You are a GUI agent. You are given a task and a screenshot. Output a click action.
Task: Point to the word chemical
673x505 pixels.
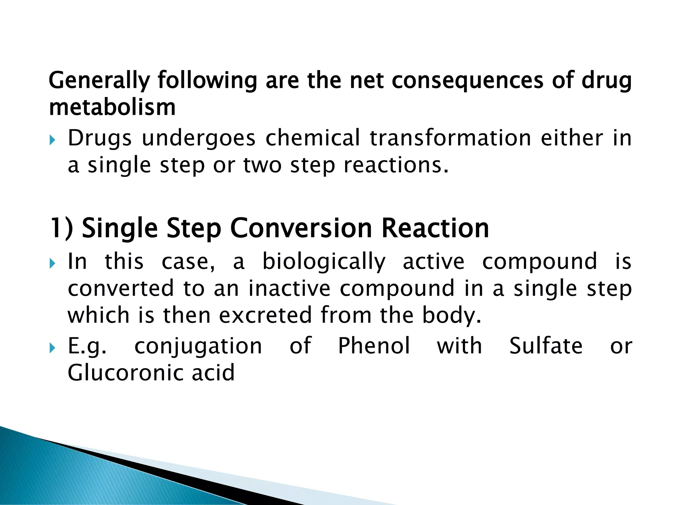coord(313,138)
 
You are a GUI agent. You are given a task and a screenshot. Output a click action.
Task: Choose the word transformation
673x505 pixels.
coord(450,138)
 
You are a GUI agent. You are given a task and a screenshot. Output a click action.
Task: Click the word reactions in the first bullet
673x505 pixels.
coord(396,165)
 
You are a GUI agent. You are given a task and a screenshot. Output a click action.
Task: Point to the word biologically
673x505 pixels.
coord(324,262)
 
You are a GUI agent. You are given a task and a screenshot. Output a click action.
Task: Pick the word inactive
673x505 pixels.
coord(289,288)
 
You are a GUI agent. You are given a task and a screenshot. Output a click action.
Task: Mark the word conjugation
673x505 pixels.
coord(198,347)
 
